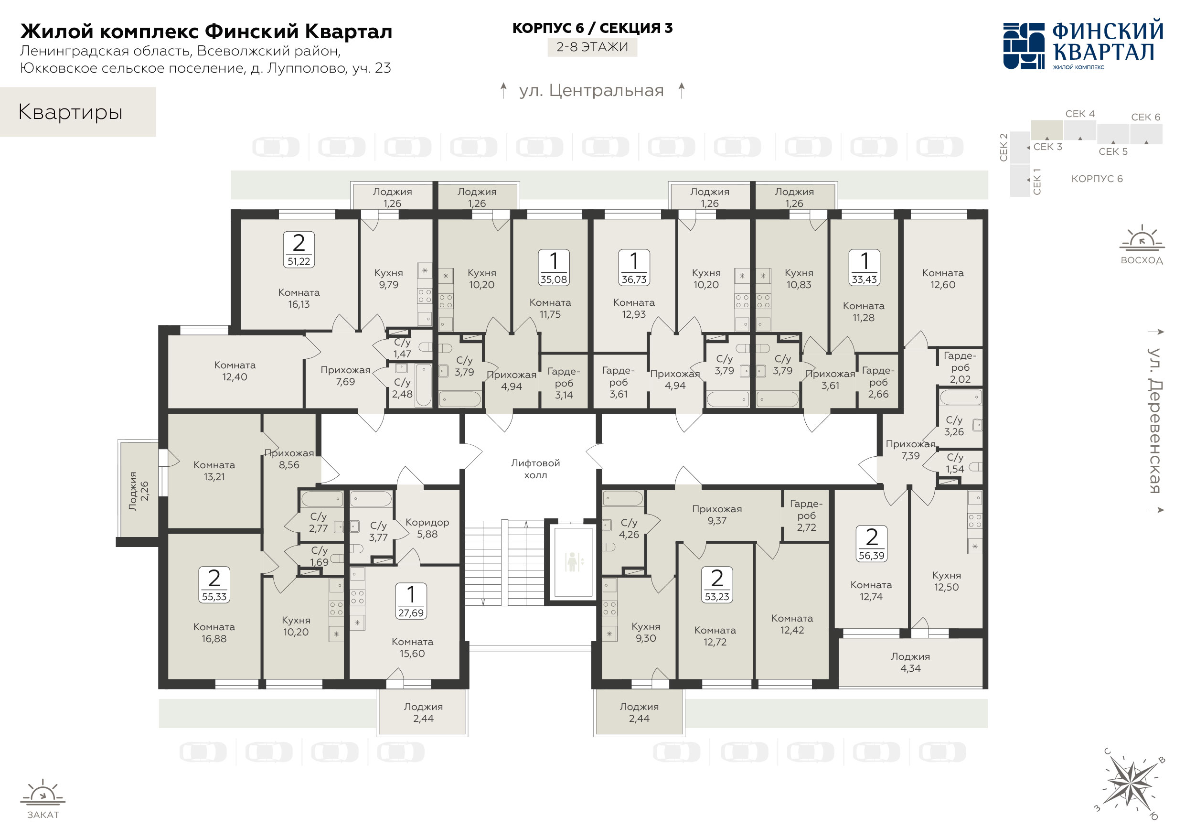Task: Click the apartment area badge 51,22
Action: (x=299, y=250)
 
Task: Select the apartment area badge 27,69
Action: (x=411, y=601)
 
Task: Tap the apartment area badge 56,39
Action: (x=872, y=544)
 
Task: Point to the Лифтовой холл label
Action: (x=535, y=469)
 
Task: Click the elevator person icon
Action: (x=572, y=562)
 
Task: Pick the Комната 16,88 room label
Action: (x=214, y=633)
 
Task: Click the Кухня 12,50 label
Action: (x=947, y=581)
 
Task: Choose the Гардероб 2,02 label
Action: (x=960, y=367)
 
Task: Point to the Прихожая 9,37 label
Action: (x=717, y=515)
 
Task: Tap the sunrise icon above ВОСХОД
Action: (x=1142, y=238)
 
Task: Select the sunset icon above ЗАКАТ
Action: (x=43, y=793)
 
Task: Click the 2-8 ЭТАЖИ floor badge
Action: (x=592, y=47)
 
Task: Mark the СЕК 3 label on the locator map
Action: (x=1048, y=147)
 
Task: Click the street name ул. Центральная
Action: (x=591, y=91)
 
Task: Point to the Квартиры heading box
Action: (x=78, y=112)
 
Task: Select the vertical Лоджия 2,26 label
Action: (x=139, y=491)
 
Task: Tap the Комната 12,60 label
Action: (x=943, y=279)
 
